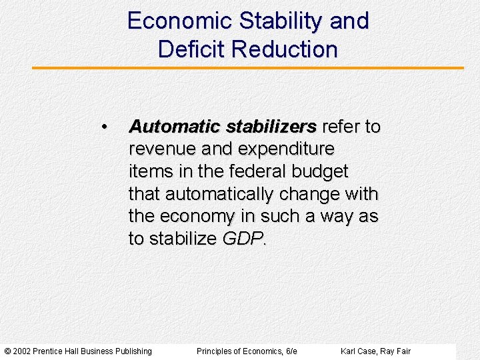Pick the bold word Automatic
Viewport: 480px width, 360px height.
pyautogui.click(x=175, y=127)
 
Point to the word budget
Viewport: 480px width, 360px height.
pyautogui.click(x=320, y=171)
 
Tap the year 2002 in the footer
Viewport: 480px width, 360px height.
pyautogui.click(x=22, y=351)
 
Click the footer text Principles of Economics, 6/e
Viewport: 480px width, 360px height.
pyautogui.click(x=247, y=351)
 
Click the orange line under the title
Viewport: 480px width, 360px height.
pyautogui.click(x=247, y=68)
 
